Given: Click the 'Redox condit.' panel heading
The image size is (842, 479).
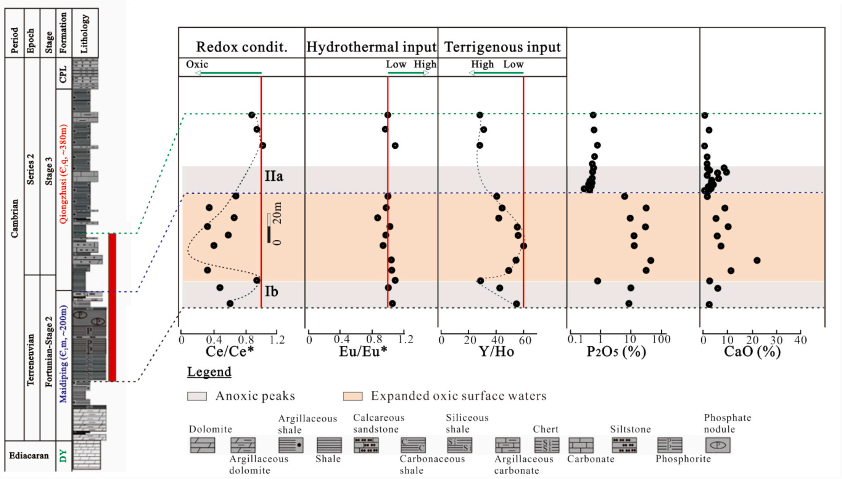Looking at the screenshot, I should click(x=241, y=47).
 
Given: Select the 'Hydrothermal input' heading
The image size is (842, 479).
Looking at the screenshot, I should click(x=371, y=47).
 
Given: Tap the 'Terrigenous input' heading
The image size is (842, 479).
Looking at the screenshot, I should click(x=502, y=47).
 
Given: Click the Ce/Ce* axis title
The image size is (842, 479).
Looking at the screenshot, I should click(x=229, y=351).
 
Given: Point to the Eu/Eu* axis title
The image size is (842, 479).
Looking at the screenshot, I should click(x=363, y=351).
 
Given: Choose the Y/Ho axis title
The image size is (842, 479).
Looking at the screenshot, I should click(x=496, y=351).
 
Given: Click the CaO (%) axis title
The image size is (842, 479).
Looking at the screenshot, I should click(x=752, y=351).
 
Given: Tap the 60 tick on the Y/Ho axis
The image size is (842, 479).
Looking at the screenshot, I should click(x=525, y=339).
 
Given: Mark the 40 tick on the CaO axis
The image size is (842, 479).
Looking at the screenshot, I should click(x=800, y=339).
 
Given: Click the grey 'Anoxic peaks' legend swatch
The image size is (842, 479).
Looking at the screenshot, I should click(x=197, y=396).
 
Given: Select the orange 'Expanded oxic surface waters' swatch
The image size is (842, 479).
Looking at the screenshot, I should click(x=352, y=396).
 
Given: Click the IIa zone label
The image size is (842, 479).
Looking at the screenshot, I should click(x=274, y=176).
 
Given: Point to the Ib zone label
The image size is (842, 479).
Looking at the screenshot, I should click(x=271, y=291).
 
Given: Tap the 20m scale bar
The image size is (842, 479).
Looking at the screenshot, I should click(x=269, y=228).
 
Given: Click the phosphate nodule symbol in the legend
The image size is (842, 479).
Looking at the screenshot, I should click(x=718, y=445).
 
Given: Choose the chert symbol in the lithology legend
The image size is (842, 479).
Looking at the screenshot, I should click(x=546, y=445).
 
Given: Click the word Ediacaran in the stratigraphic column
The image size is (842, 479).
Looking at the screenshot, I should click(x=29, y=456).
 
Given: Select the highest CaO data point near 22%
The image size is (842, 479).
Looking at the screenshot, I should click(x=757, y=260).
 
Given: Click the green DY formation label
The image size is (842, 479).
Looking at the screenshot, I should click(x=63, y=456).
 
